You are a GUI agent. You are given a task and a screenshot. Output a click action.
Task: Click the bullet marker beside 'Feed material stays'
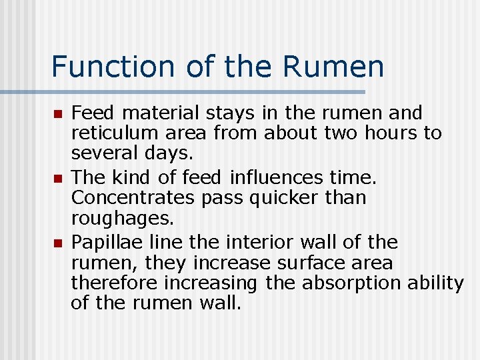(x=58, y=115)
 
